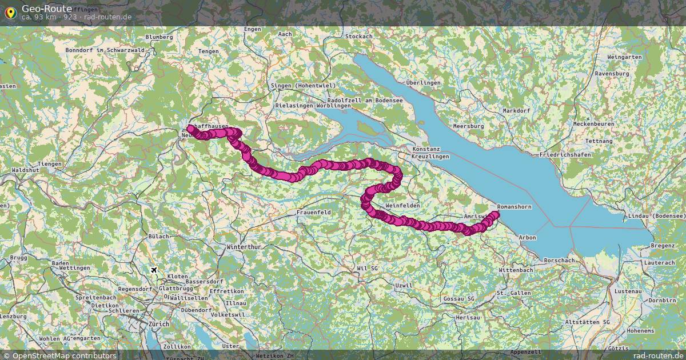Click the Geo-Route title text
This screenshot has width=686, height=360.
pos(47,8)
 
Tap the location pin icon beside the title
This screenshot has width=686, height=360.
pos(10,12)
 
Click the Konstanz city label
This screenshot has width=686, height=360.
pos(426,149)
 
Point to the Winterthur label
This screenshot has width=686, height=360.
pos(244,247)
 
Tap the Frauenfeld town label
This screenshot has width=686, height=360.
pos(314,212)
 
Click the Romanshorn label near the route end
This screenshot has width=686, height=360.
pos(514,206)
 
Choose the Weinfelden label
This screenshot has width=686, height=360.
pos(402,205)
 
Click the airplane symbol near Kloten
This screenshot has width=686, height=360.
pos(153,270)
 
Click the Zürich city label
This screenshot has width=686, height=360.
pos(158,324)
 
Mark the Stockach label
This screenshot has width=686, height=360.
pos(359,37)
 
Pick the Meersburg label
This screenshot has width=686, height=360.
pos(468,126)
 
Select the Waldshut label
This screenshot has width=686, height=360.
pos(25,170)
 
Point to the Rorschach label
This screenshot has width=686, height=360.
pos(559,260)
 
